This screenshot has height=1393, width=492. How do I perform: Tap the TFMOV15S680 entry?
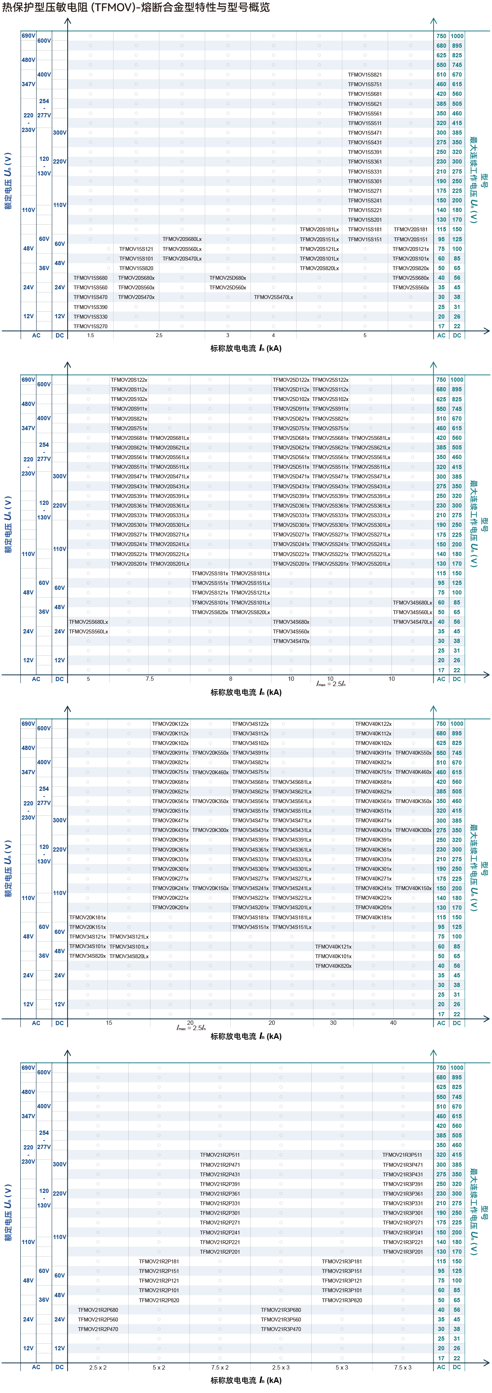click(x=90, y=278)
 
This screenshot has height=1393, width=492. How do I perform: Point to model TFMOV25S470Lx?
click(x=273, y=297)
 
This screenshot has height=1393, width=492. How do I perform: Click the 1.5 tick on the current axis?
click(x=90, y=335)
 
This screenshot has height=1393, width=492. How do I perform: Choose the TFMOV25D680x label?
click(x=228, y=278)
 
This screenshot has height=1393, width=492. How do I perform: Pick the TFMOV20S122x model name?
click(x=129, y=380)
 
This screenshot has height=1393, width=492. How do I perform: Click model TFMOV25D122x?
click(x=291, y=380)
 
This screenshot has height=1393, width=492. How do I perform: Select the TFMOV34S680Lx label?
click(x=412, y=602)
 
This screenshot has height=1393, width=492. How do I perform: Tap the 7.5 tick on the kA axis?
click(x=150, y=679)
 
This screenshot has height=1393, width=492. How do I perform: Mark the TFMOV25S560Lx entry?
click(x=88, y=631)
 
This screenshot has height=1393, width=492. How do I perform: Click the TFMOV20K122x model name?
click(x=170, y=723)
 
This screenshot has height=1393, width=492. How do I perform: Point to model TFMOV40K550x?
click(x=413, y=753)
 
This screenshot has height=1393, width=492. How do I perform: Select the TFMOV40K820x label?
click(x=333, y=966)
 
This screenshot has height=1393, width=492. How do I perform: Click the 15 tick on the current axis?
click(x=109, y=1022)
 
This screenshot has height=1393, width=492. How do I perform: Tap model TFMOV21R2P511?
click(x=220, y=1154)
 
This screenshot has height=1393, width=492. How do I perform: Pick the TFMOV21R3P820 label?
click(x=342, y=1300)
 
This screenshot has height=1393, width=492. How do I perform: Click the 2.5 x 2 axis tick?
click(x=98, y=1367)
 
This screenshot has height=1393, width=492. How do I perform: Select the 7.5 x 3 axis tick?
click(x=403, y=1367)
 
